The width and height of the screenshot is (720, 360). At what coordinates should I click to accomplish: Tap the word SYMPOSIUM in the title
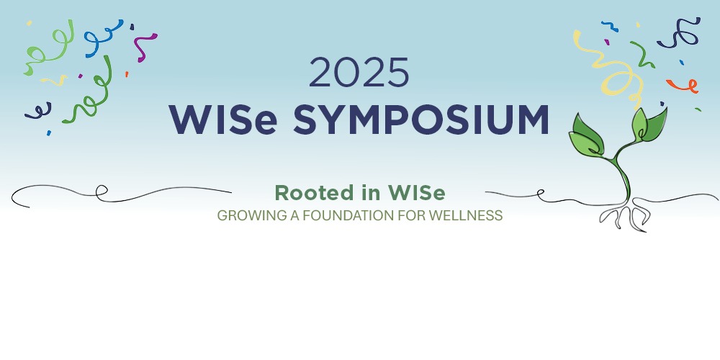(420, 120)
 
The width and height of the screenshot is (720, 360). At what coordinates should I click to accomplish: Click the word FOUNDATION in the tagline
(360, 215)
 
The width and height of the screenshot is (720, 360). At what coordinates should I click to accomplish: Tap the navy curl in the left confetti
(38, 110)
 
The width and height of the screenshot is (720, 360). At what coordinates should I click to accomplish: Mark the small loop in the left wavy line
(102, 191)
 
